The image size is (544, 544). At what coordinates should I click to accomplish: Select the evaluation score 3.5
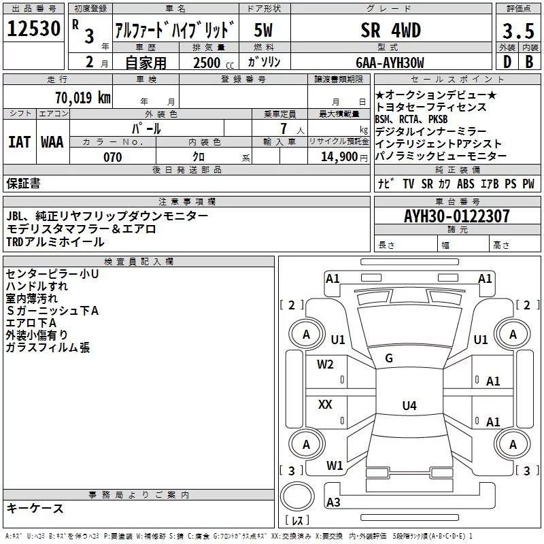[x=517, y=31]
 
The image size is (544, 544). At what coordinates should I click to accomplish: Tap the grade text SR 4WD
[x=390, y=31]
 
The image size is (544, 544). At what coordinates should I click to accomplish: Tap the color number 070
[x=112, y=157]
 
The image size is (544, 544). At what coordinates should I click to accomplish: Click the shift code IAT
[x=18, y=142]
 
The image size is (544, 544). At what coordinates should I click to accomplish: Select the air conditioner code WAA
[x=52, y=142]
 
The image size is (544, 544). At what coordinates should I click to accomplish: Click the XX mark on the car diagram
[x=325, y=405]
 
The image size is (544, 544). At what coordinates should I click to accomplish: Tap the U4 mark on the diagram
[x=409, y=406]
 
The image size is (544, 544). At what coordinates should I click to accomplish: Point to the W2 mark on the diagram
[x=325, y=364]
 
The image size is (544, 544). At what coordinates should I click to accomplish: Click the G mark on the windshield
[x=389, y=358]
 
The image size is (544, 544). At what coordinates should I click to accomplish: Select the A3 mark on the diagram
[x=333, y=502]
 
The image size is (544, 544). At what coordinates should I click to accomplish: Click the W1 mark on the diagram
[x=334, y=466]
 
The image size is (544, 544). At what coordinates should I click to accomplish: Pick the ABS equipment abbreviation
[x=466, y=184]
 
